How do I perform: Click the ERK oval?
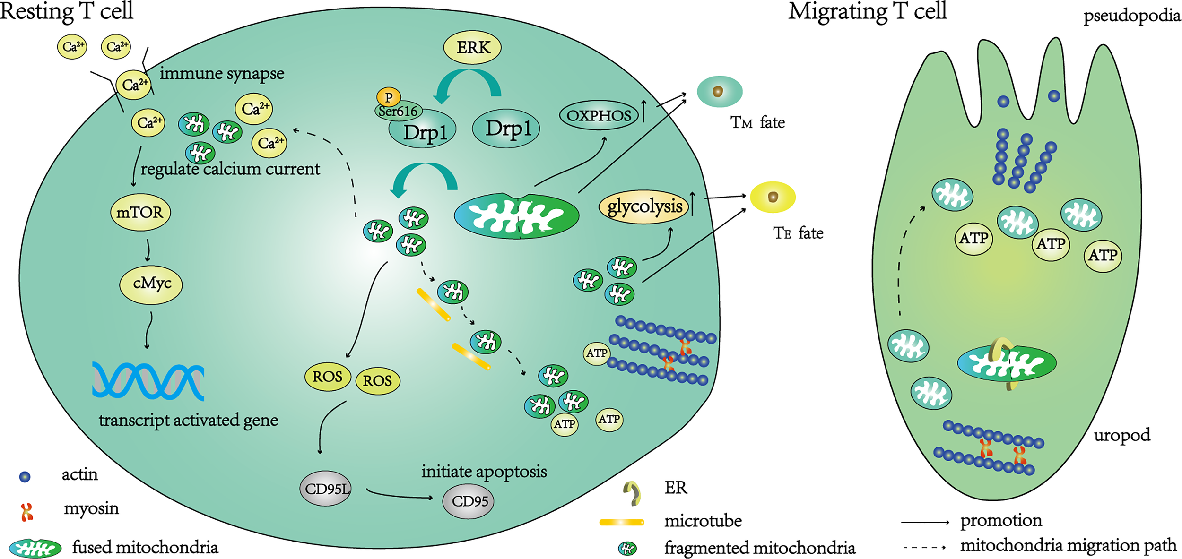coord(472,48)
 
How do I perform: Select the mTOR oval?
coord(140,212)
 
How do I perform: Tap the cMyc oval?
coord(151,284)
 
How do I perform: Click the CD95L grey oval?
coord(326,489)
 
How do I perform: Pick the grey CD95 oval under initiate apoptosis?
coord(468,501)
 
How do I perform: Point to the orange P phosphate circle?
coord(389,97)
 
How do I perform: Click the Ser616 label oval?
coord(398,112)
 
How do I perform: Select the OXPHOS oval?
coord(599,115)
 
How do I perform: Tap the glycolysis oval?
coord(644,207)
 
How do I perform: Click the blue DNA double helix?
coord(148,381)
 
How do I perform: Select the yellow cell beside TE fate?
coord(773,197)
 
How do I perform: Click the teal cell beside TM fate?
coord(719,92)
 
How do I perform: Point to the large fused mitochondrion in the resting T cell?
coord(516,216)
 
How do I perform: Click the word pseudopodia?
coord(1131,16)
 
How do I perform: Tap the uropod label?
coord(1121,435)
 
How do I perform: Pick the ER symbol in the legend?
coord(632,492)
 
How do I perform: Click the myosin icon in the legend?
coord(27,512)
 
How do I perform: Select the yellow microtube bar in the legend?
coord(621,522)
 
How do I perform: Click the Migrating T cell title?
coord(867,11)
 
